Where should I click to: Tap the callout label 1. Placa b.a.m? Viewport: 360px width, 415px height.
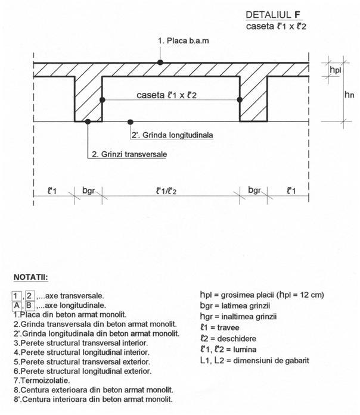click(x=184, y=40)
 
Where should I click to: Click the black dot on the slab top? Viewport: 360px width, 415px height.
click(x=160, y=62)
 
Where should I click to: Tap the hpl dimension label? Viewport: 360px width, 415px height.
click(x=336, y=69)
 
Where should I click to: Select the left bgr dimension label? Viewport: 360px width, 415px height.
click(x=88, y=191)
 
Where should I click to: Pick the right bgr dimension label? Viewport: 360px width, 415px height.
click(x=254, y=191)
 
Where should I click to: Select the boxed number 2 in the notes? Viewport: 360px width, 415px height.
click(x=30, y=295)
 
